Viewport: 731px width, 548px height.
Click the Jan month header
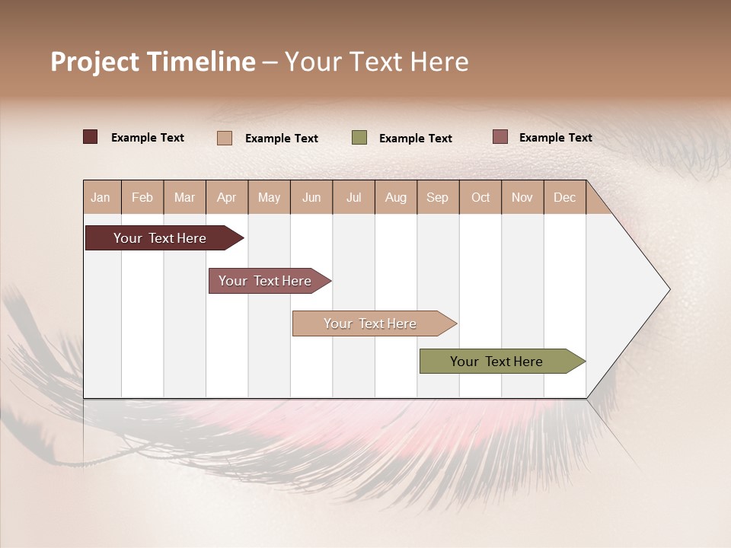point(101,197)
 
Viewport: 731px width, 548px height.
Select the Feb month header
point(142,197)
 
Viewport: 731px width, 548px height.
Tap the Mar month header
point(184,197)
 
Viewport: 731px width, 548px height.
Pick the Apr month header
point(227,197)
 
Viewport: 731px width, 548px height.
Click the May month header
point(269,197)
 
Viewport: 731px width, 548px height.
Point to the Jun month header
point(311,197)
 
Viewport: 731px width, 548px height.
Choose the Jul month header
point(353,197)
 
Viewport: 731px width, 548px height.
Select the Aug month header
point(396,197)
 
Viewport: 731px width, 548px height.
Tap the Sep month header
point(438,197)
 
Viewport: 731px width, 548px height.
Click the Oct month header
point(480,197)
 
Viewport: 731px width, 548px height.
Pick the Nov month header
point(522,197)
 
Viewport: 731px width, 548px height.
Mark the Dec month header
point(565,197)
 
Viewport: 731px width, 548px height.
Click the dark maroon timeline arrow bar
point(161,238)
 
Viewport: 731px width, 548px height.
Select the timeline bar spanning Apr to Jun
point(266,281)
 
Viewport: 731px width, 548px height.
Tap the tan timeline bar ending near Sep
point(371,323)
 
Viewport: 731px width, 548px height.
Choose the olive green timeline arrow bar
point(497,362)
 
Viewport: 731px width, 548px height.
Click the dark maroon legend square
point(90,137)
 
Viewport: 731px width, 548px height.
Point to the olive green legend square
point(359,137)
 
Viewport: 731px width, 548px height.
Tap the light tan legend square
point(225,138)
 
